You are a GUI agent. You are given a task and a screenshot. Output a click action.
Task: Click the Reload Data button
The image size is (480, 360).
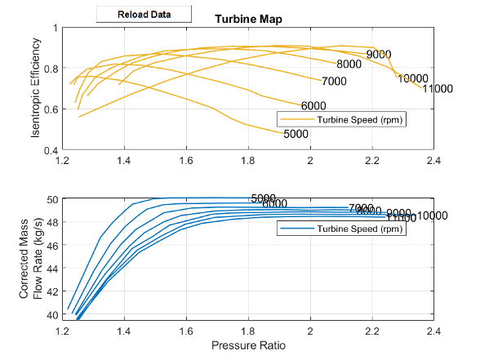(144, 14)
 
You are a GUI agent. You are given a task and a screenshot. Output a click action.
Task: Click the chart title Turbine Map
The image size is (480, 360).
(248, 19)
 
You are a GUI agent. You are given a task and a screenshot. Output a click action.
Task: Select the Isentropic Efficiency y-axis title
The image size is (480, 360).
(36, 89)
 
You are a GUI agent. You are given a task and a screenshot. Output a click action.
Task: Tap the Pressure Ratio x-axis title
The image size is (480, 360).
(248, 345)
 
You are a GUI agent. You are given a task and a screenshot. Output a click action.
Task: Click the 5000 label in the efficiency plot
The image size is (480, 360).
(296, 134)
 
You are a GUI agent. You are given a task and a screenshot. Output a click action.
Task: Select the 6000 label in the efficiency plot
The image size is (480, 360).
(313, 106)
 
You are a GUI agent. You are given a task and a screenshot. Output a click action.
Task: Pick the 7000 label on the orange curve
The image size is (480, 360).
(335, 81)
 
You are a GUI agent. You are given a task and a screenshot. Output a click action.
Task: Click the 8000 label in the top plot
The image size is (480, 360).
(349, 64)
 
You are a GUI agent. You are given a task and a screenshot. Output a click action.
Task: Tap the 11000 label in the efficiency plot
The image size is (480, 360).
(438, 88)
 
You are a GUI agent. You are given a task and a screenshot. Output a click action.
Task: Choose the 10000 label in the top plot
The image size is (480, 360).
(413, 78)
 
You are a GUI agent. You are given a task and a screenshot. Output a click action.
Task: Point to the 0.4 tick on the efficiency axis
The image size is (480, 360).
(51, 151)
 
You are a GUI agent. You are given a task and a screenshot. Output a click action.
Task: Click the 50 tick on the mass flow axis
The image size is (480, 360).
(52, 200)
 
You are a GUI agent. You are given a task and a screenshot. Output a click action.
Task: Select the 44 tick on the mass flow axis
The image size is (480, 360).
(52, 269)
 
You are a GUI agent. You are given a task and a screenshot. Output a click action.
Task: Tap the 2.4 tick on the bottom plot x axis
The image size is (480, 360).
(433, 331)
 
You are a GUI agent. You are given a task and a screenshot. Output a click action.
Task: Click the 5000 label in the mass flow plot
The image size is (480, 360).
(263, 198)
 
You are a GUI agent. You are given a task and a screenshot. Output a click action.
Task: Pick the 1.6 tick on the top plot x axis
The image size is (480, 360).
(186, 161)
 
